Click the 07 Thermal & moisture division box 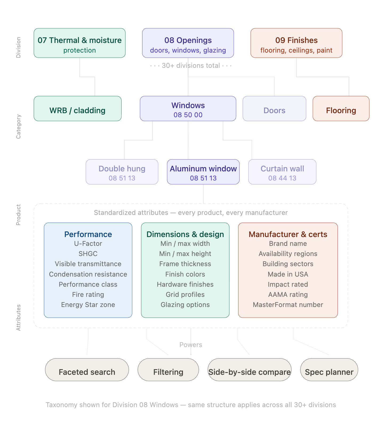point(79,43)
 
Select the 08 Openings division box point(188,43)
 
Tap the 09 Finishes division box point(296,43)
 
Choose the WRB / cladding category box point(78,109)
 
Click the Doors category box point(274,109)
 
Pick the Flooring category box point(341,109)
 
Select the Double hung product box point(122,172)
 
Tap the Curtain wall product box point(282,172)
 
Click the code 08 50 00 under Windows point(188,115)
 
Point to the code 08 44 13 point(282,178)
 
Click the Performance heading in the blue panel point(88,234)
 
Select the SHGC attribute point(88,254)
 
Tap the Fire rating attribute point(88,295)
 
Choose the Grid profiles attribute point(185,295)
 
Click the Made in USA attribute point(288,274)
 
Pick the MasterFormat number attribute point(288,305)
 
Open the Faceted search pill point(87,370)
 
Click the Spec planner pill point(329,370)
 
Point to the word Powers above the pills point(191,345)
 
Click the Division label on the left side point(18,48)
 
